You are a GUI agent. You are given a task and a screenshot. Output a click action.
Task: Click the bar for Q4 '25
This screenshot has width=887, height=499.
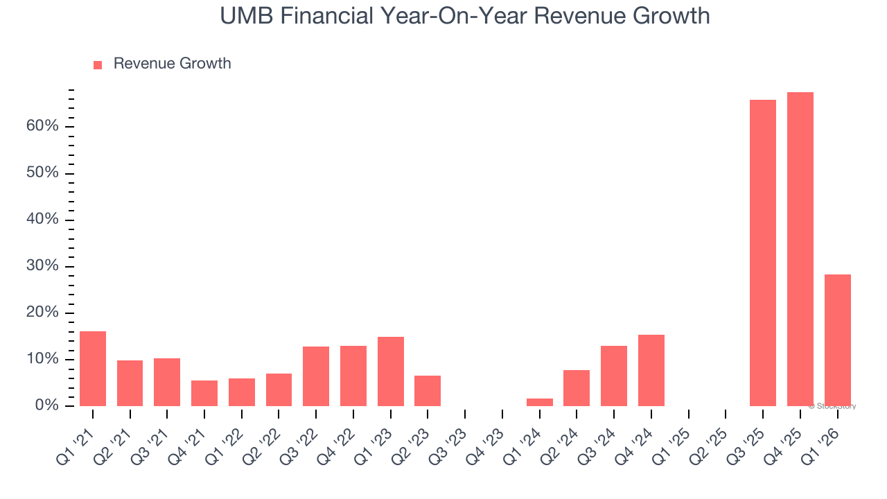tap(800, 249)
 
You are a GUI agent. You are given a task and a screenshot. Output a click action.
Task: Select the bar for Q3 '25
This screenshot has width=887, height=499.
tap(762, 253)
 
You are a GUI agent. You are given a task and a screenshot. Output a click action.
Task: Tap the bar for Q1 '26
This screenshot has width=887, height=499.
tap(837, 340)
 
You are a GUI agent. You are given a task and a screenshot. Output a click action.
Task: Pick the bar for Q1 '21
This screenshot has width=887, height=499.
tap(93, 369)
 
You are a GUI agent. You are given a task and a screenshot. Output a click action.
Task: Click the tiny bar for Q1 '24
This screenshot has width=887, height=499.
tap(540, 402)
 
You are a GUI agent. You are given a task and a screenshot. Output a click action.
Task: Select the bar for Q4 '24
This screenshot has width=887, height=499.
tap(651, 370)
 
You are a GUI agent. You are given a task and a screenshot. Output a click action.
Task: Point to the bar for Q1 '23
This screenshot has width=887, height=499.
tap(391, 371)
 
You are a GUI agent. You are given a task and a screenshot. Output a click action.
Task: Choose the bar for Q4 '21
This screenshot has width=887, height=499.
tap(204, 393)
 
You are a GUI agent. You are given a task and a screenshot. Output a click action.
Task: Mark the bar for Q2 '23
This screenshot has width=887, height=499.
tap(428, 391)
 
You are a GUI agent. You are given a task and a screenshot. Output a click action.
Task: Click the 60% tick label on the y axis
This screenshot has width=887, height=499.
tap(42, 126)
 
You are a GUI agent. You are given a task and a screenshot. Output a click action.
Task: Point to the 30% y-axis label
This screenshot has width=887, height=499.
tap(42, 266)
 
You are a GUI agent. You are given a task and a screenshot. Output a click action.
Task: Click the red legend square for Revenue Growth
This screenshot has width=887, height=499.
tap(98, 64)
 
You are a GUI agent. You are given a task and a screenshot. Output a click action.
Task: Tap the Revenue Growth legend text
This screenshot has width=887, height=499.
tap(172, 64)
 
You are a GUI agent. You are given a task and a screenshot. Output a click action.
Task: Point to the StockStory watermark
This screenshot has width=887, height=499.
tap(832, 406)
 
